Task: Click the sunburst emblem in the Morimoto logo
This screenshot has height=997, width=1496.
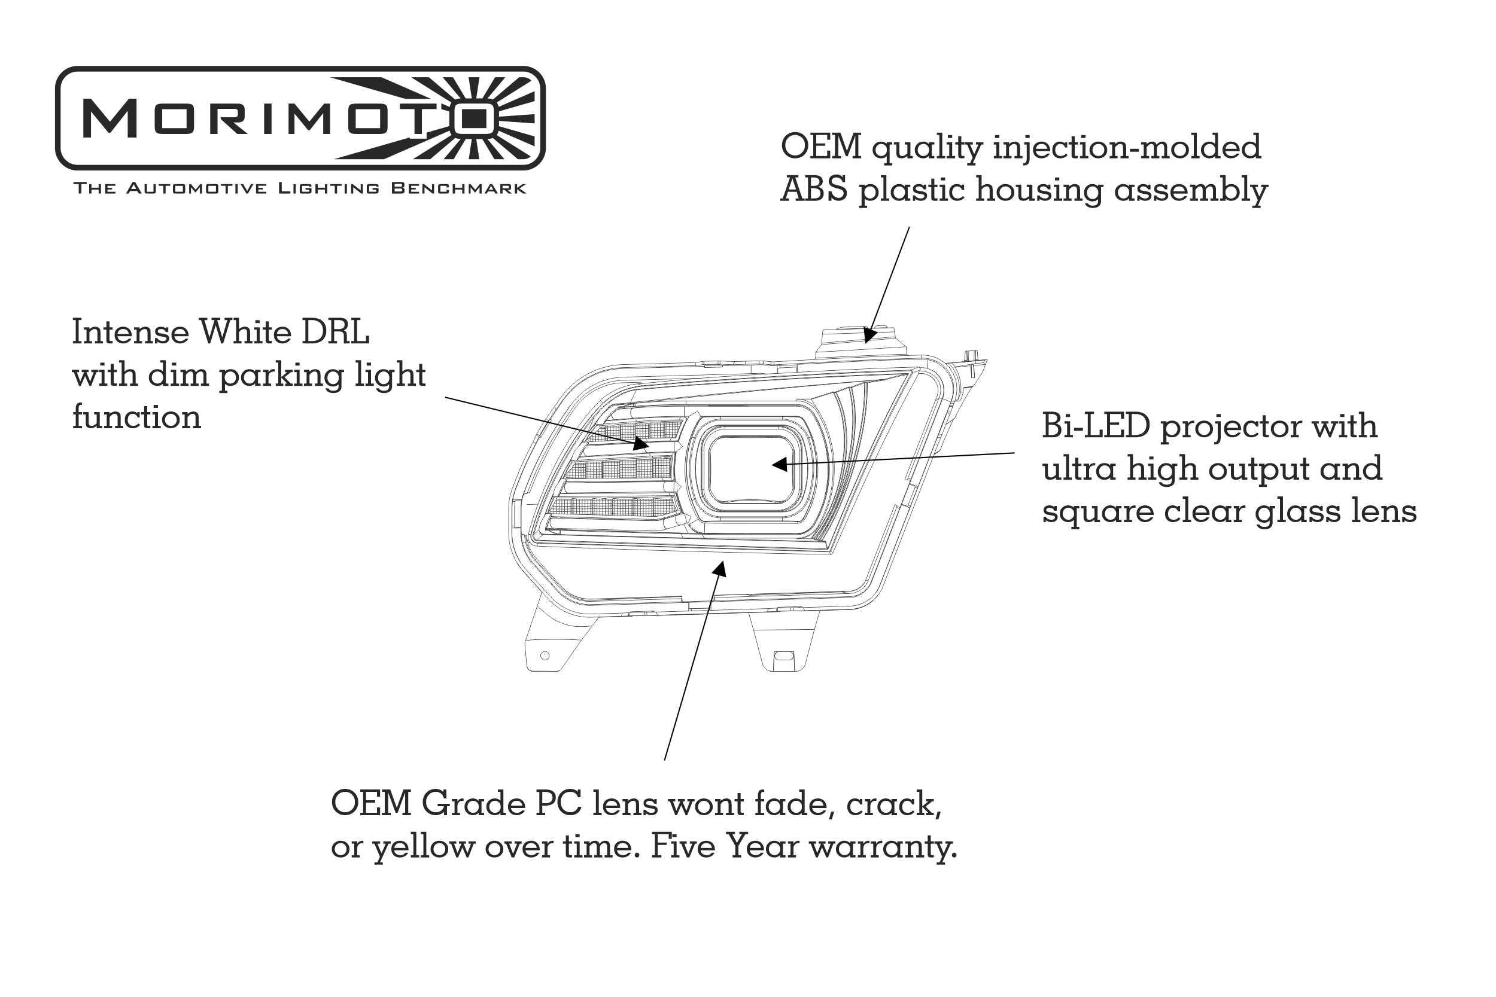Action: click(474, 118)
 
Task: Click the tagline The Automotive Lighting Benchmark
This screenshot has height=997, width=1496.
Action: click(300, 188)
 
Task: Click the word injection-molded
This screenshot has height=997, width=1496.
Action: click(1126, 147)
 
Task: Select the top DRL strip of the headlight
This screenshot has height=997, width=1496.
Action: click(636, 431)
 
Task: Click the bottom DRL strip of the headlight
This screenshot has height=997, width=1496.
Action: click(614, 507)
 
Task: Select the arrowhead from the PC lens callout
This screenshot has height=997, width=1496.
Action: click(719, 568)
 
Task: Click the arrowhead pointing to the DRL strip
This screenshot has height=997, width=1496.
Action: click(641, 444)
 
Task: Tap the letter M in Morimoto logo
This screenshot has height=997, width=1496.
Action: click(110, 118)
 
